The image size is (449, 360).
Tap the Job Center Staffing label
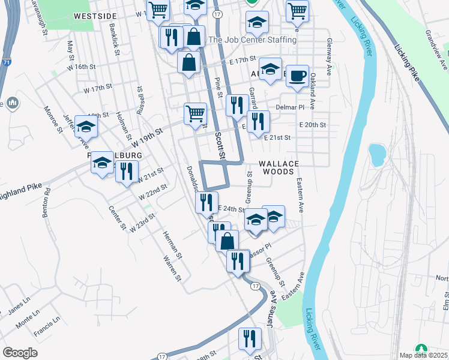[252, 40]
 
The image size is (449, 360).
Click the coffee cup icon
[297, 76]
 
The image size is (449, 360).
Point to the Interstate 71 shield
[5, 62]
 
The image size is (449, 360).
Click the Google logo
[20, 353]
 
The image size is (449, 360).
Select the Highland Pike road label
[21, 189]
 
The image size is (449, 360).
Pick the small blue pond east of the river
[378, 154]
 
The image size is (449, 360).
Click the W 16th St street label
[82, 67]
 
